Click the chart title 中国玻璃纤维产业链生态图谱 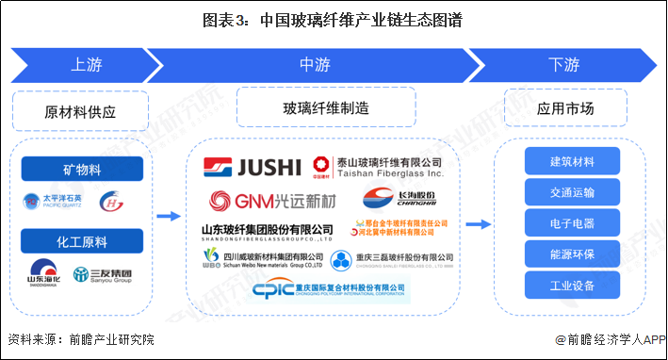point(334,18)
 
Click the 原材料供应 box point(81,110)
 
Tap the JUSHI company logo point(253,168)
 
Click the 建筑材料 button point(572,161)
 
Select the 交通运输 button point(572,192)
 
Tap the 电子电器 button point(572,223)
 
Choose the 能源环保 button point(572,254)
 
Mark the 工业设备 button point(572,286)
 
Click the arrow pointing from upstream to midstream point(168,217)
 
